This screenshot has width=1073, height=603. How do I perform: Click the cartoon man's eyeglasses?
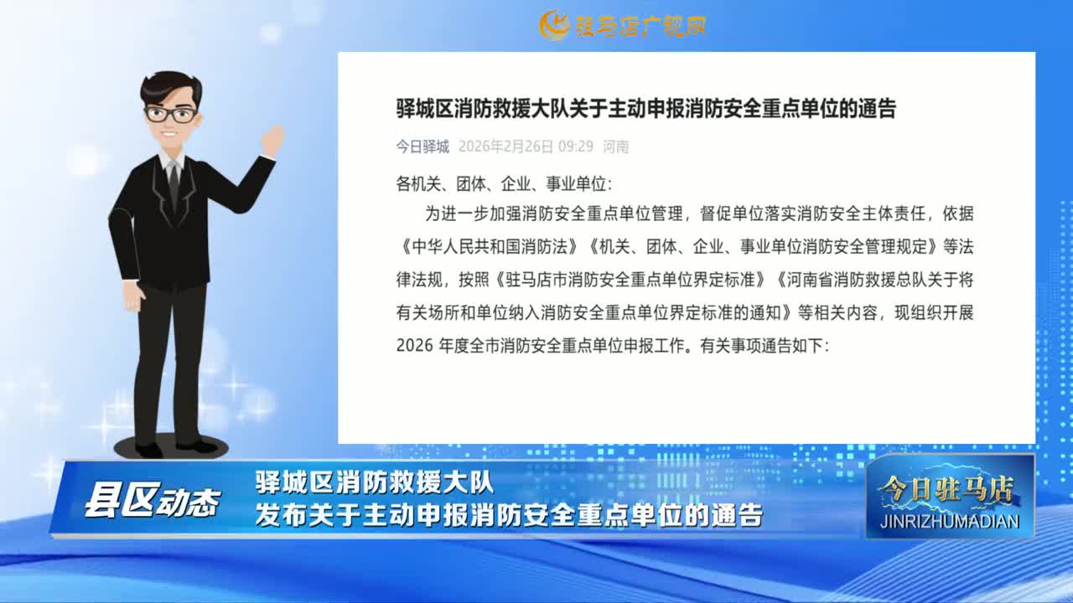(171, 114)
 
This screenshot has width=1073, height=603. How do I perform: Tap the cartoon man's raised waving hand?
(272, 141)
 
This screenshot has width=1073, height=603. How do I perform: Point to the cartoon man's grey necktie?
(173, 184)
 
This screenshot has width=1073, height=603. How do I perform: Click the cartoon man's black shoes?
(172, 447)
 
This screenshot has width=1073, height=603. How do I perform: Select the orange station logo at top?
(622, 25)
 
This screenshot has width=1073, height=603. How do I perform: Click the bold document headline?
(645, 109)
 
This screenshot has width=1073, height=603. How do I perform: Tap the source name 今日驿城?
(422, 147)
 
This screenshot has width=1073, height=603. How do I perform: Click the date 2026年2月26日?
(505, 147)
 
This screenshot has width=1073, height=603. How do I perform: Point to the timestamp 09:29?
(576, 147)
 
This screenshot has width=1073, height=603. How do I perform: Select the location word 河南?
(616, 147)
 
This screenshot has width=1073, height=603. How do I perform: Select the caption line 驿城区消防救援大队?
(375, 483)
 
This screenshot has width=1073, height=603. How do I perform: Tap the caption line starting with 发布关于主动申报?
(509, 515)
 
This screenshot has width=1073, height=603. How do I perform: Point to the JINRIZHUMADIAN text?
(951, 521)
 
